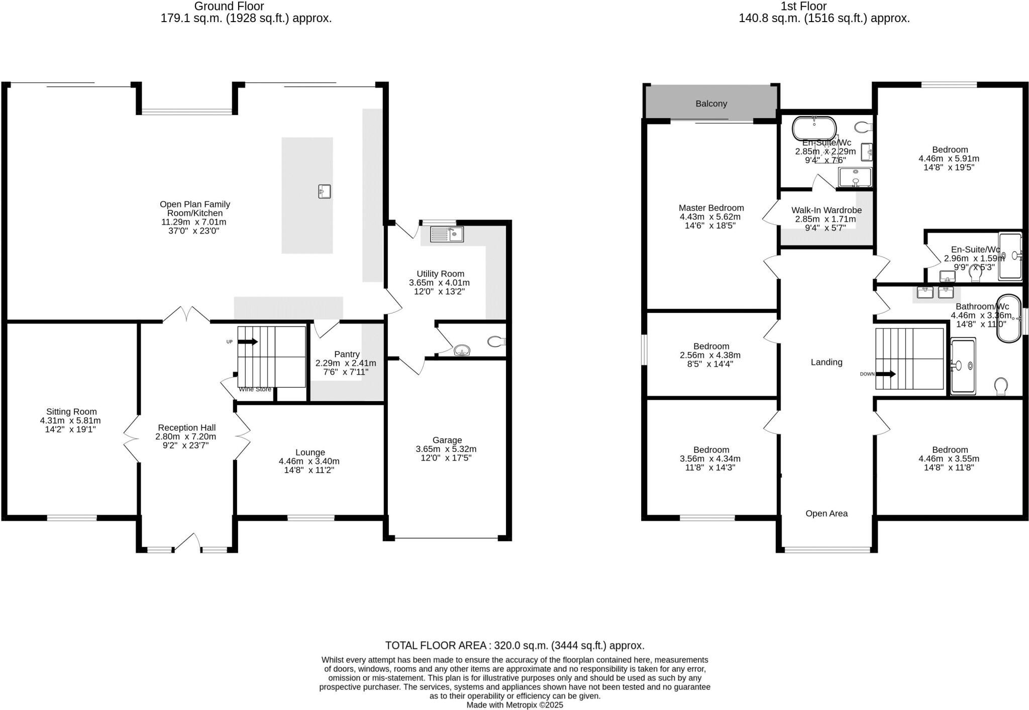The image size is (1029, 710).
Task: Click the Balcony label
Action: [711, 103]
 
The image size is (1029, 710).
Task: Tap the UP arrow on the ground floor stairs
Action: [248, 342]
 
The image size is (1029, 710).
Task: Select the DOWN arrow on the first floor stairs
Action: [886, 374]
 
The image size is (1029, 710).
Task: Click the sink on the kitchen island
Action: [325, 191]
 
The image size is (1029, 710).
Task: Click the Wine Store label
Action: [255, 389]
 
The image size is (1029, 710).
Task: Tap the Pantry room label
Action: [346, 354]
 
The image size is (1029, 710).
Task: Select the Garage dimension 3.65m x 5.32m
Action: [446, 449]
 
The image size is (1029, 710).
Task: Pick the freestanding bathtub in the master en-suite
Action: [814, 128]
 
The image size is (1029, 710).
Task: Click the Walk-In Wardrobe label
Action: [826, 210]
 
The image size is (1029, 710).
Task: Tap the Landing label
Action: [826, 362]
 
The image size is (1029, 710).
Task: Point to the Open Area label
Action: [826, 513]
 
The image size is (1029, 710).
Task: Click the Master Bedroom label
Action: [711, 208]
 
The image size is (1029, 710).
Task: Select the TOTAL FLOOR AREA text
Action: [514, 645]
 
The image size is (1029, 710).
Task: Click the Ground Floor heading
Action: [229, 7]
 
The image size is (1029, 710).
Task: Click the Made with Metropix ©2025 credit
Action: [514, 705]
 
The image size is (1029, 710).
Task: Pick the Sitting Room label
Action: [71, 412]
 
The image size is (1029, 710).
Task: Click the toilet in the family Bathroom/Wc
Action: [1001, 386]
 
